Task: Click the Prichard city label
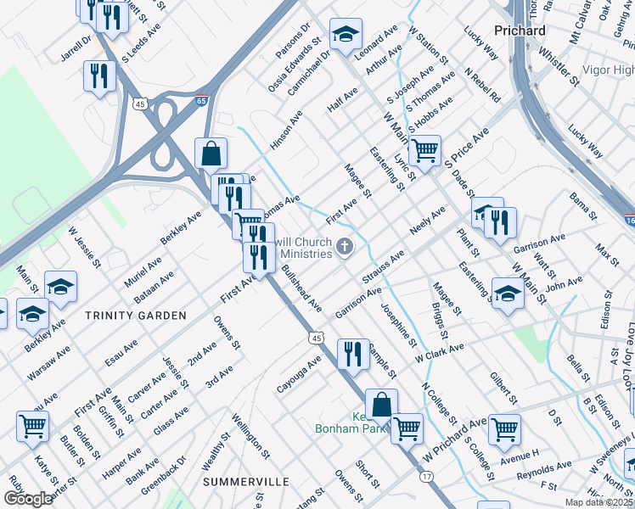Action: click(x=518, y=31)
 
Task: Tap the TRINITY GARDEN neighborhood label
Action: click(x=136, y=316)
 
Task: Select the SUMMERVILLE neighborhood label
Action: click(x=245, y=481)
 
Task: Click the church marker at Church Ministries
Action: click(x=345, y=248)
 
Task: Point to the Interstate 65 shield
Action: click(x=201, y=100)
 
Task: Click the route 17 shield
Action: click(x=426, y=477)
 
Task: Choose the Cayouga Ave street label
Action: click(x=299, y=374)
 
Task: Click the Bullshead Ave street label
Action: click(x=301, y=288)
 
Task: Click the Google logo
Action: click(x=27, y=499)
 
